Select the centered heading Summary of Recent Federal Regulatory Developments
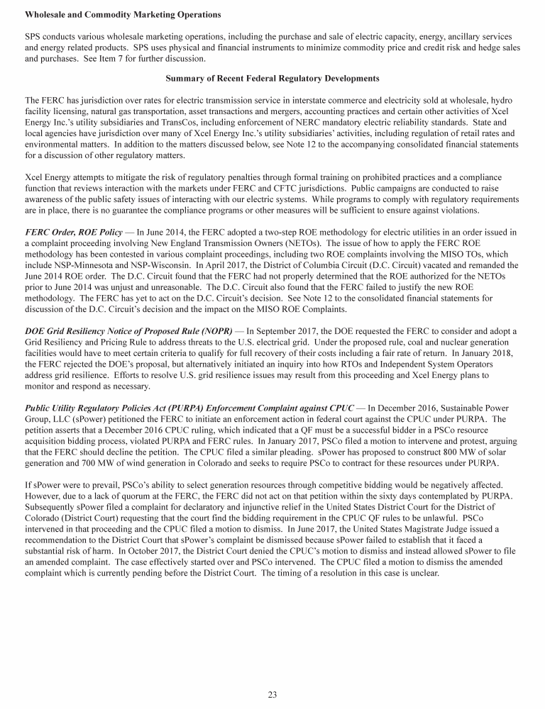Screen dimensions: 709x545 (272, 77)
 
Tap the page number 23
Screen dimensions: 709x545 (272, 695)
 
